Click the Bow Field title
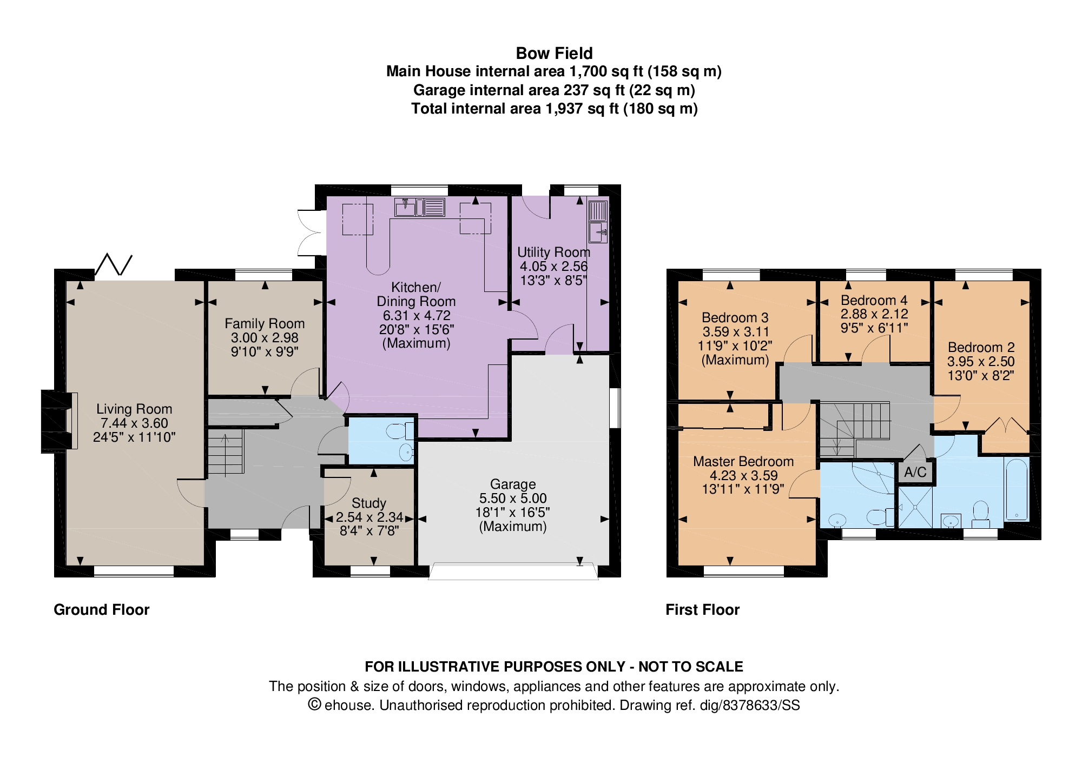click(554, 53)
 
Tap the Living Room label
click(134, 409)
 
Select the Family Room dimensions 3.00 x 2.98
click(265, 338)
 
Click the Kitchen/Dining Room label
click(416, 294)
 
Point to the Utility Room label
click(553, 252)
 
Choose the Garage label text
click(513, 484)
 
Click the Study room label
click(369, 503)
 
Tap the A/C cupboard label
click(915, 472)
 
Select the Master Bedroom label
click(743, 461)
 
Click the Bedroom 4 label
click(874, 300)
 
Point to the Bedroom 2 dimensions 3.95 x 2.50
click(981, 362)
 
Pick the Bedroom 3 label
click(735, 317)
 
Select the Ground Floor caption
click(102, 610)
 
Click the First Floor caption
click(702, 610)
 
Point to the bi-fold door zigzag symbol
click(114, 264)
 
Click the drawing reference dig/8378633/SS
click(748, 705)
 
